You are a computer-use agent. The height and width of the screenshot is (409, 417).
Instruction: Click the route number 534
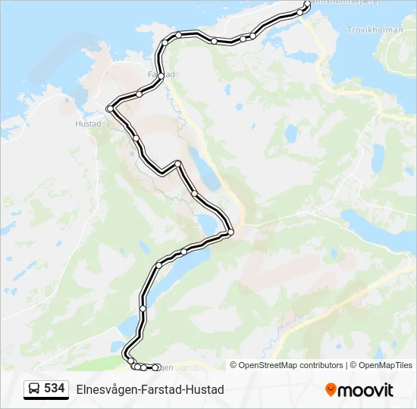54,389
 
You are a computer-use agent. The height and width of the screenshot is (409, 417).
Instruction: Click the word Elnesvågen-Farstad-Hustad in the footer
150,390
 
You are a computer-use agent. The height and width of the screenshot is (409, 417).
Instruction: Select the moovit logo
359,390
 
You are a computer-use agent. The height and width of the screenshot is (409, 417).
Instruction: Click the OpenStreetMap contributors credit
291,365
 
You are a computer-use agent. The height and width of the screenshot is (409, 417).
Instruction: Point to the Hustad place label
88,123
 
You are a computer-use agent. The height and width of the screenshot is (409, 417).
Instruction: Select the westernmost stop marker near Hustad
110,109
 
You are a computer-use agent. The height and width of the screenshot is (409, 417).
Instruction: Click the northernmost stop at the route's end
307,4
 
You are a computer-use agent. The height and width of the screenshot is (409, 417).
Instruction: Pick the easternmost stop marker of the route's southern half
230,231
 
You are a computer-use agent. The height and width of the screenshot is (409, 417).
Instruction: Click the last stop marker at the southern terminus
156,367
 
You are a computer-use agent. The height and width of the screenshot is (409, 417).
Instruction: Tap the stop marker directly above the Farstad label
164,42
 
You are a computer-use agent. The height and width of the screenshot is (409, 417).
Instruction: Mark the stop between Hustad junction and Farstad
140,94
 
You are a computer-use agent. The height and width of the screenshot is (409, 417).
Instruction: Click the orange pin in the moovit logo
331,390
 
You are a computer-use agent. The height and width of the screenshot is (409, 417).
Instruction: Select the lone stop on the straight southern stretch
143,308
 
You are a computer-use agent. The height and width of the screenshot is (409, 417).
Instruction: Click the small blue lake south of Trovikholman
378,158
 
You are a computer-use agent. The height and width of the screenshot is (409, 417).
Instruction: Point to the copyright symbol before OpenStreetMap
234,365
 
